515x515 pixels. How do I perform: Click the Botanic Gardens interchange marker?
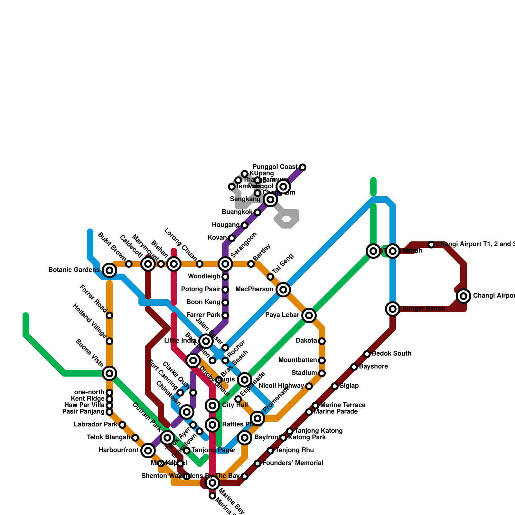[109, 270]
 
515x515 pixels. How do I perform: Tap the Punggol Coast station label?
[275, 167]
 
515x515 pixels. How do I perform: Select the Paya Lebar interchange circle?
[309, 315]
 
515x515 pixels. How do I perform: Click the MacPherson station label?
[254, 289]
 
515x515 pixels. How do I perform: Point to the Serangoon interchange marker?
[225, 264]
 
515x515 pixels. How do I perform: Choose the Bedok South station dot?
[367, 354]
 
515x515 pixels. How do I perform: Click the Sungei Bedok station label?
[424, 309]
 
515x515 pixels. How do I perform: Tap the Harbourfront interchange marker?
[148, 451]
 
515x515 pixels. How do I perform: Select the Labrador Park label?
[95, 425]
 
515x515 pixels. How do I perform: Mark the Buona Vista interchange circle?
[109, 373]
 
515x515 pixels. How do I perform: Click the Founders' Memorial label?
[293, 463]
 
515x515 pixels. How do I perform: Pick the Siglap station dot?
[335, 386]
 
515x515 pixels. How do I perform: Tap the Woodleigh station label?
[204, 276]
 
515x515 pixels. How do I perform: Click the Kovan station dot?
[232, 238]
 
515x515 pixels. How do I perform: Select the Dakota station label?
[306, 341]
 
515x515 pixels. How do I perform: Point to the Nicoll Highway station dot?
[309, 386]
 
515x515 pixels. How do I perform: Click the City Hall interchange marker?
[212, 406]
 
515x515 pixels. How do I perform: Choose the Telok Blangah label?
[108, 437]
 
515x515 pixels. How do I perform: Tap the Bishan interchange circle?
[174, 264]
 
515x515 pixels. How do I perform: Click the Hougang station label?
[225, 225]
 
